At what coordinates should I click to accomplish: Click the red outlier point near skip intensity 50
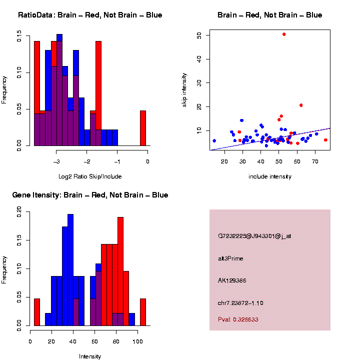[x=284, y=34]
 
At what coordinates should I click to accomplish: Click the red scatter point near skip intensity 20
[x=301, y=105]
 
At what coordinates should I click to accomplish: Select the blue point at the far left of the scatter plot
[x=214, y=141]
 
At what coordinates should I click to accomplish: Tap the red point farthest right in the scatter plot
[x=325, y=140]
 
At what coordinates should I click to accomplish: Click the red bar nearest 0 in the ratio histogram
[x=143, y=128]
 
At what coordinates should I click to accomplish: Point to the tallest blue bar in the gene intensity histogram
[x=70, y=270]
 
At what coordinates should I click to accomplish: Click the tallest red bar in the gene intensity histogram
[x=120, y=260]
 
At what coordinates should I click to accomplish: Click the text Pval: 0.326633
[x=238, y=319]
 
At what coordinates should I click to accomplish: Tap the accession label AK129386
[x=232, y=280]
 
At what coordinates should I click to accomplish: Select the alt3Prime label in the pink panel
[x=230, y=258]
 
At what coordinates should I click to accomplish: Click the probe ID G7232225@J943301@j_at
[x=254, y=236]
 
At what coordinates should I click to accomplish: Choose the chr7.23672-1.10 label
[x=240, y=303]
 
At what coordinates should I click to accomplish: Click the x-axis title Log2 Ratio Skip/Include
[x=89, y=176]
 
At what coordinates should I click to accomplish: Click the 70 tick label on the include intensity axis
[x=315, y=161]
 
